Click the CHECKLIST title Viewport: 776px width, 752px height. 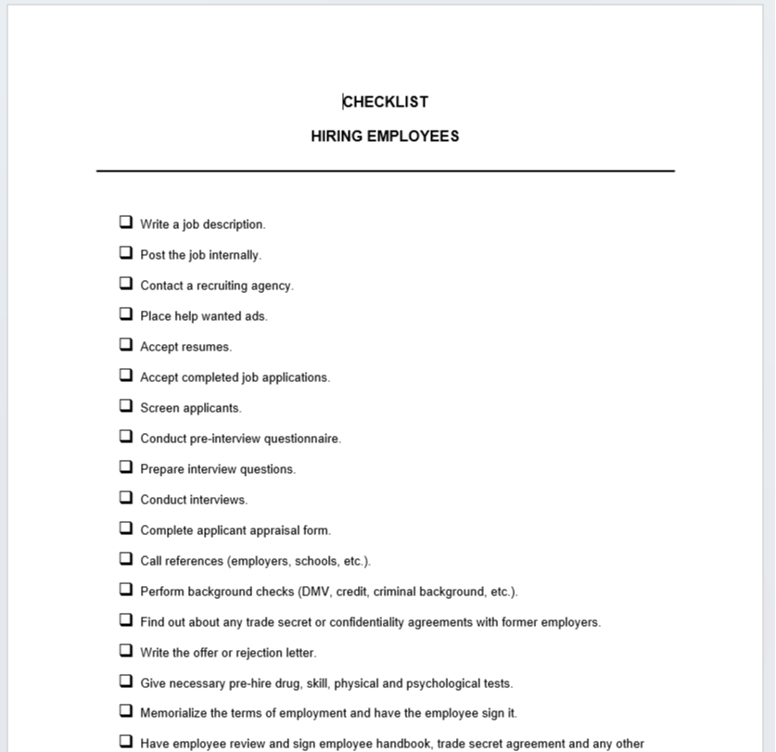(386, 102)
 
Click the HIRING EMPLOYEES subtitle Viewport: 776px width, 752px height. (385, 136)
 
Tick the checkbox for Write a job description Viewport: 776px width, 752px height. (125, 223)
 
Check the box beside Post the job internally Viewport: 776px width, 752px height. (125, 253)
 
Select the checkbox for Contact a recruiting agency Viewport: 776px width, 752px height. (125, 284)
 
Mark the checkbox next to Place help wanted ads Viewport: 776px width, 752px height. (125, 314)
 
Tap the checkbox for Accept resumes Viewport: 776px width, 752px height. (125, 345)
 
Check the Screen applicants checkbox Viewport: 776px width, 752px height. (125, 406)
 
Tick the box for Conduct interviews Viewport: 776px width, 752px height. (125, 498)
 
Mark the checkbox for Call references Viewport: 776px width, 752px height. (125, 559)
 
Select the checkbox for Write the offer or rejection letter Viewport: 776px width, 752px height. (125, 651)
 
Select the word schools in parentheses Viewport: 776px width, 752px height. (315, 561)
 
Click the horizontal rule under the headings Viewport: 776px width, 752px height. (386, 171)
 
